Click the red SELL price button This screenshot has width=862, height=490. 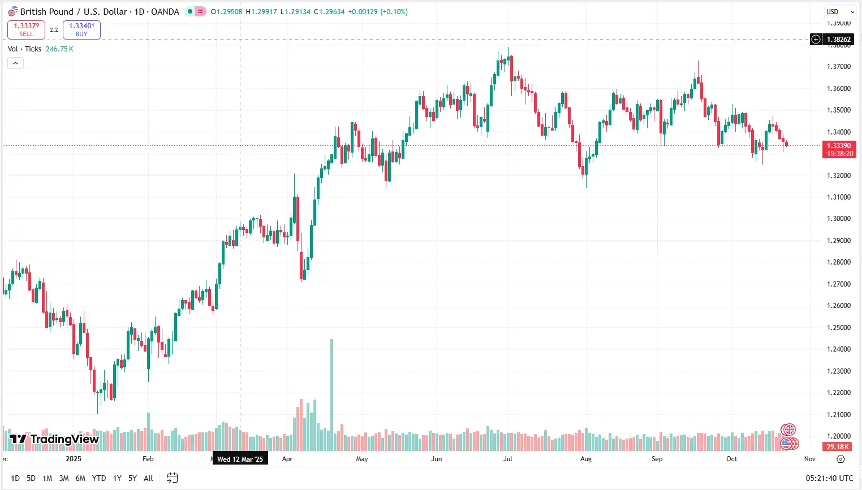pos(26,29)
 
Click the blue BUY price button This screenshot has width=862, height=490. pos(81,29)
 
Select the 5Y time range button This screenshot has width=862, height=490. pos(132,478)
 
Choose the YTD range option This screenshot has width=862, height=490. pos(98,478)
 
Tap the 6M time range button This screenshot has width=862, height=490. pos(80,478)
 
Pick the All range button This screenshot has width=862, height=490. pos(148,478)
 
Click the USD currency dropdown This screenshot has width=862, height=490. pos(839,12)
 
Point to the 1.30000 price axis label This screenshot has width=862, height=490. pos(839,219)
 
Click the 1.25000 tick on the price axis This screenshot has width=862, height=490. pos(839,328)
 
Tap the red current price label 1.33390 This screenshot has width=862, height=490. pos(839,146)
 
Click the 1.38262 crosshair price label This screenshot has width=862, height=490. pos(838,40)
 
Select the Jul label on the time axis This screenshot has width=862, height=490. pos(508,459)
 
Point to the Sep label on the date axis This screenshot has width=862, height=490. pos(657,459)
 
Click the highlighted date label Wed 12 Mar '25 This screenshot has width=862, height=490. pos(240,459)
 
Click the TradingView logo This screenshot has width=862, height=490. pos(54,439)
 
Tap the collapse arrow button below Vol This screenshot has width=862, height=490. pos(16,63)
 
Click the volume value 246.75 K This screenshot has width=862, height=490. pos(59,49)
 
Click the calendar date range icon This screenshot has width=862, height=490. pos(173,478)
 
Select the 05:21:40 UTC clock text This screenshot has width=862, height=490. pos(829,478)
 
